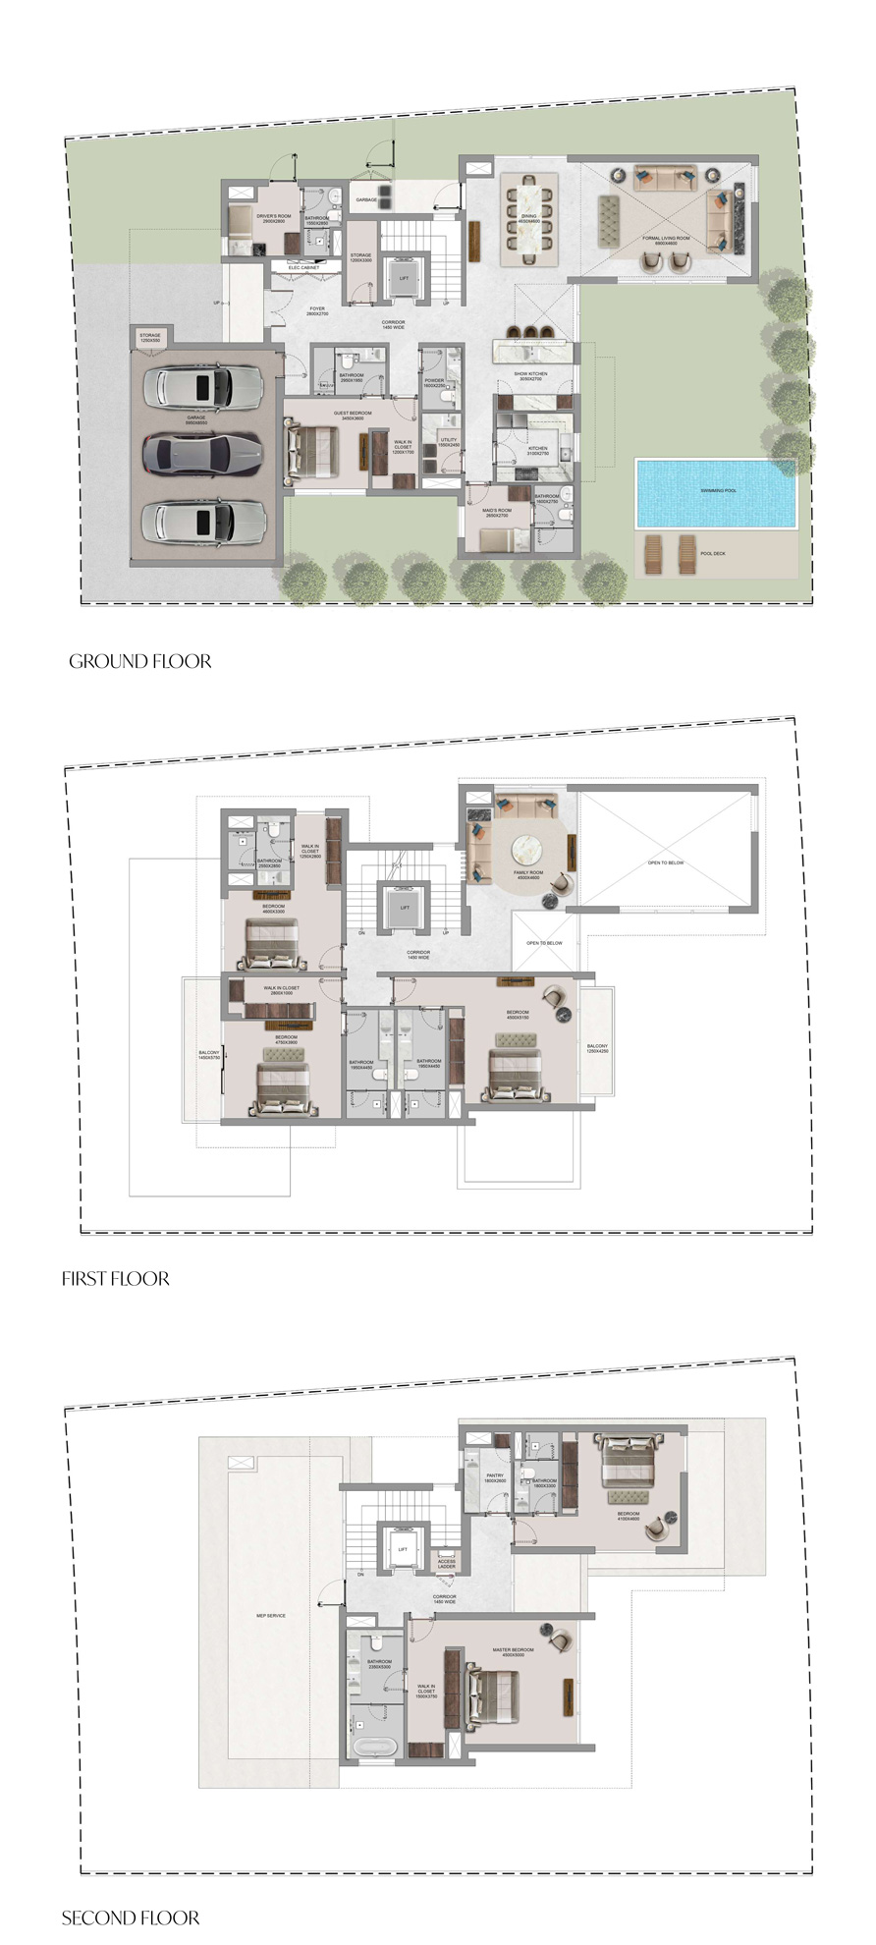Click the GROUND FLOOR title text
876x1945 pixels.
(140, 661)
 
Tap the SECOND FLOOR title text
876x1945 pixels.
(131, 1917)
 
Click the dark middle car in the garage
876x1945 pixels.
(204, 453)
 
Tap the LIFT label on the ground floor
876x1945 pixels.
(404, 278)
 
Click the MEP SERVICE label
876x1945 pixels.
(271, 1615)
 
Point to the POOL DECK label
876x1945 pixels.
(713, 554)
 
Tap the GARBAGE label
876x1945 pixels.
(366, 199)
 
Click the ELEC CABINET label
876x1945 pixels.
(303, 267)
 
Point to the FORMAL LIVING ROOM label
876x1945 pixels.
(666, 240)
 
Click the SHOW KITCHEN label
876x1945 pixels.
(530, 375)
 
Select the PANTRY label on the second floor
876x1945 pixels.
(494, 1476)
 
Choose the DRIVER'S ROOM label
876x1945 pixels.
(274, 218)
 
